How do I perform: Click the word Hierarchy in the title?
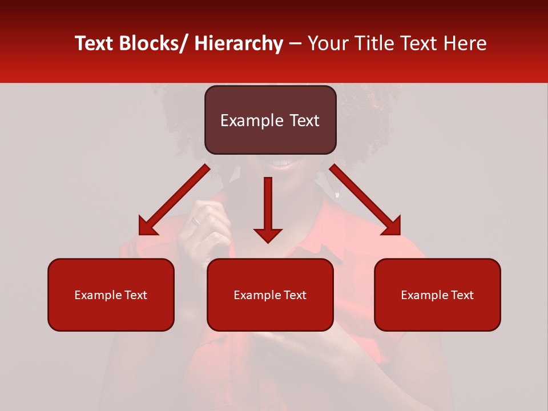pyautogui.click(x=238, y=43)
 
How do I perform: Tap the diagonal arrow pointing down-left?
pyautogui.click(x=174, y=200)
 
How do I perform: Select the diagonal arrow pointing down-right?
pyautogui.click(x=365, y=200)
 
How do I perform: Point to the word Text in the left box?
pyautogui.click(x=135, y=295)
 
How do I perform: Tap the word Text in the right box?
pyautogui.click(x=461, y=295)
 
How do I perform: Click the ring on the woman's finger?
pyautogui.click(x=196, y=221)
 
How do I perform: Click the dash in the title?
pyautogui.click(x=295, y=44)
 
